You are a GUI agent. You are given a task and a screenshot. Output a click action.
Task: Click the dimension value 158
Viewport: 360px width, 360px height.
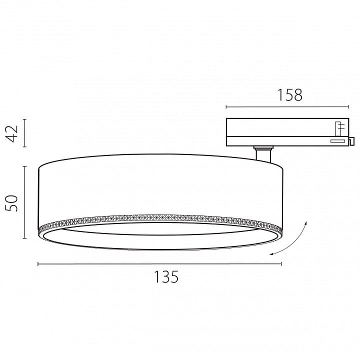point(290,95)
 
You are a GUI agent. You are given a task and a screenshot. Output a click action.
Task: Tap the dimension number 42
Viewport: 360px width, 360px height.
point(12,133)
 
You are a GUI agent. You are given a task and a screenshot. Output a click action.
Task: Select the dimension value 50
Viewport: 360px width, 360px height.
point(12,203)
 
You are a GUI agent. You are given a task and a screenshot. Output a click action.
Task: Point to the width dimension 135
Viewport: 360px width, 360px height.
point(166,276)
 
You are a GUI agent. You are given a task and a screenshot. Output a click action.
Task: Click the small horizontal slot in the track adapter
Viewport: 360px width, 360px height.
point(337,141)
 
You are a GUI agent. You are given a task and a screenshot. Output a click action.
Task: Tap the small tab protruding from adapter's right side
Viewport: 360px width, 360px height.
point(351,141)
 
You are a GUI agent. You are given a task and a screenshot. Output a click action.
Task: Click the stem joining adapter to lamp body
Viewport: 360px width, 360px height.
point(263,154)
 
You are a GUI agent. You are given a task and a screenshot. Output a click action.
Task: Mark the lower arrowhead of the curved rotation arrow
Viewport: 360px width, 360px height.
point(271,254)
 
